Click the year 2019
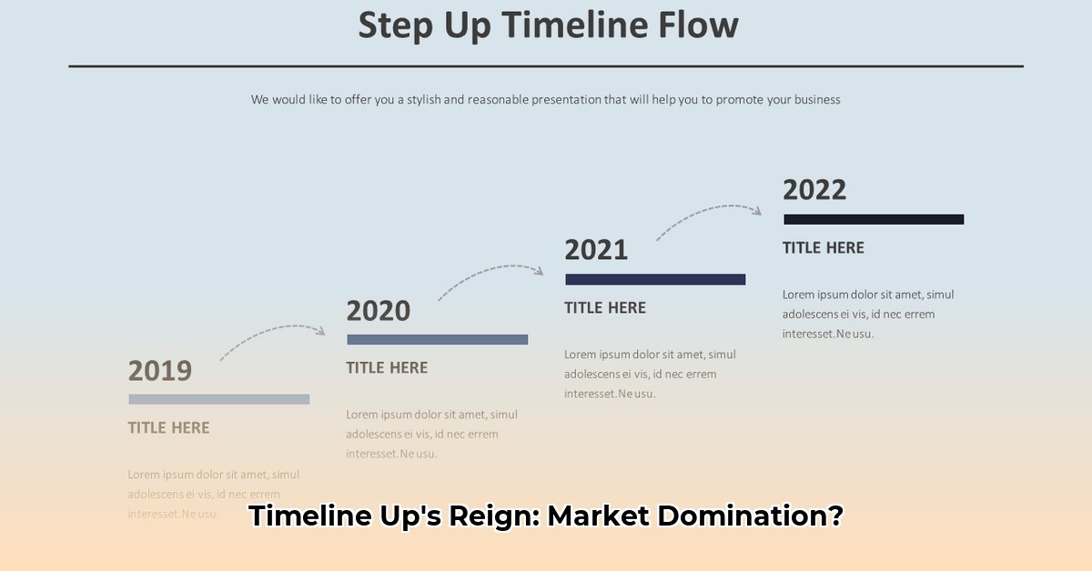[x=160, y=371]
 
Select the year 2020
[x=379, y=311]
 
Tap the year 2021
[x=596, y=250]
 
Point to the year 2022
[x=814, y=190]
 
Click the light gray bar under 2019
[x=219, y=399]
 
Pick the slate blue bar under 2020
[x=438, y=339]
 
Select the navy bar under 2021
[x=655, y=279]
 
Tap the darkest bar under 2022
[x=874, y=219]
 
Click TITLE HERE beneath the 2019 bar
[x=168, y=427]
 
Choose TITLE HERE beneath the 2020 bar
[x=387, y=367]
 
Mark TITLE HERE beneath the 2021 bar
[x=605, y=307]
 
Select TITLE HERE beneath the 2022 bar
[x=824, y=247]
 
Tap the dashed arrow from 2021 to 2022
[x=708, y=214]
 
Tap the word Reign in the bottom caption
[x=491, y=516]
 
